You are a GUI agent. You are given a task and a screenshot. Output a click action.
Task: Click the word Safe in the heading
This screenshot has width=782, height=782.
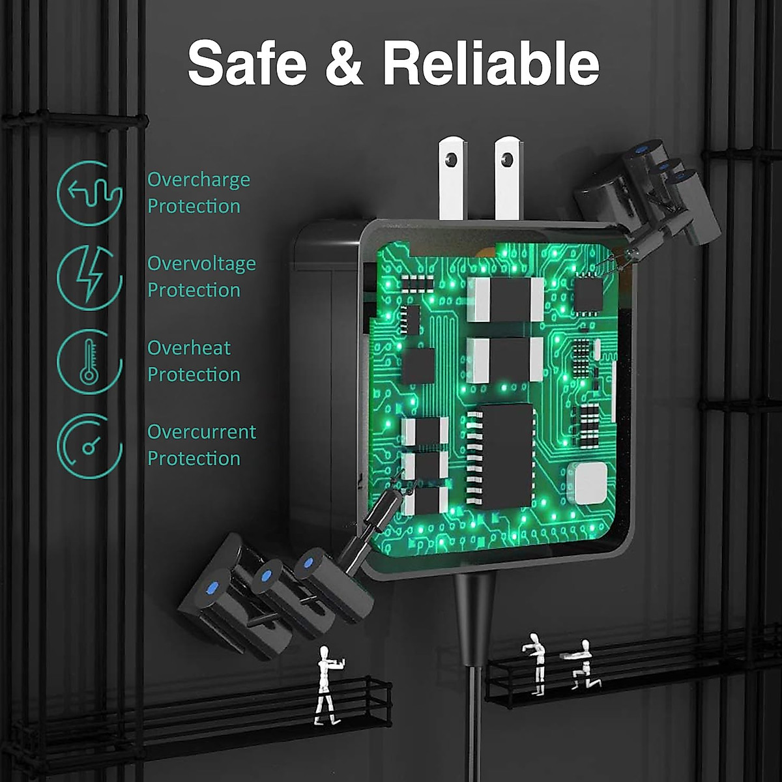[247, 63]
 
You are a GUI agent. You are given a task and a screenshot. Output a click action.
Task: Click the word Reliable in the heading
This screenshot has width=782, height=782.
[491, 63]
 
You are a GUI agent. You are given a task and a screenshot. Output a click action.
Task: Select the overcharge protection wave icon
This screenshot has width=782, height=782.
[90, 193]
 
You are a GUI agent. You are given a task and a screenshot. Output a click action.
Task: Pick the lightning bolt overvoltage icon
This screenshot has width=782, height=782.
[90, 277]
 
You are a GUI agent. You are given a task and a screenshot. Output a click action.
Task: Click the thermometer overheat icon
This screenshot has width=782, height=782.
[89, 361]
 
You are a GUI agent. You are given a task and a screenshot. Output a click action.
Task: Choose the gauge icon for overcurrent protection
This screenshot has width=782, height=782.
[90, 446]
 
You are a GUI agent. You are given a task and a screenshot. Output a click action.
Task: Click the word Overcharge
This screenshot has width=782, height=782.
[199, 180]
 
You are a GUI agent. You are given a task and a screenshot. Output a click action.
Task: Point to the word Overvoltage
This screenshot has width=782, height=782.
[201, 264]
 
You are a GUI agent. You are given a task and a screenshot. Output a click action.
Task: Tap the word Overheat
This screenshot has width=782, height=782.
[189, 348]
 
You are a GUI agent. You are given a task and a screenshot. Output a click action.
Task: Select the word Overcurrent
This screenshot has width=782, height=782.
[201, 432]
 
